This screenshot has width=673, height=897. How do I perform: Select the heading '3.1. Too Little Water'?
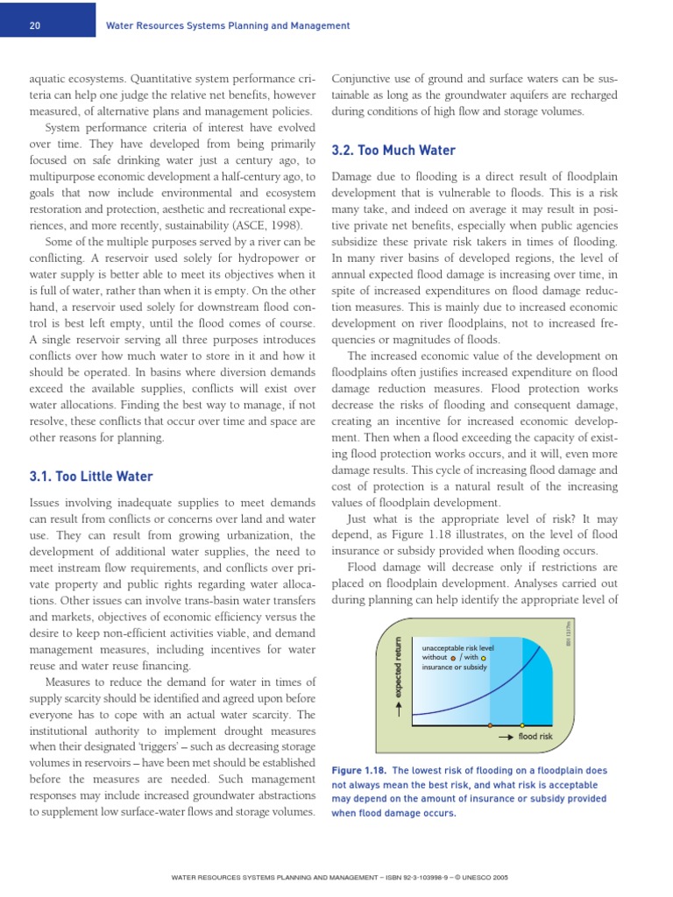pos(91,477)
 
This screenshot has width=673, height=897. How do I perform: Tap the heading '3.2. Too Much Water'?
pos(393,151)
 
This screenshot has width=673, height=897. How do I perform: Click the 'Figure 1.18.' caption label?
pos(358,770)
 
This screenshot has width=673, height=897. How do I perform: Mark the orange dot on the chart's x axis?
pos(490,725)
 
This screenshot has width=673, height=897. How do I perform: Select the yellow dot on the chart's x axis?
pos(523,725)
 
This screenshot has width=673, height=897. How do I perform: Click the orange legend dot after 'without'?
pos(453,658)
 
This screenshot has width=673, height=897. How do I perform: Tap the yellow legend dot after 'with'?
pos(484,658)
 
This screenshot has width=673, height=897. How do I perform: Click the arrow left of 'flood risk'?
pos(505,737)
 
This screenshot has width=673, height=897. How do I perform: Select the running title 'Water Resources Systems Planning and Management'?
pos(228,25)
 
